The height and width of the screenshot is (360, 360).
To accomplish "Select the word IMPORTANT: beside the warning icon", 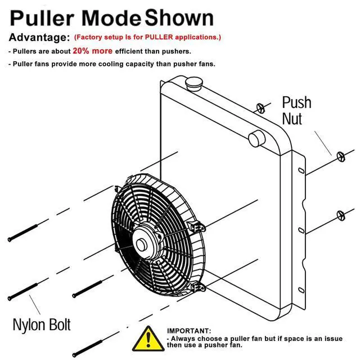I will (189, 331).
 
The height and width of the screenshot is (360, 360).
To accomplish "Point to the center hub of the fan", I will (141, 245).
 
